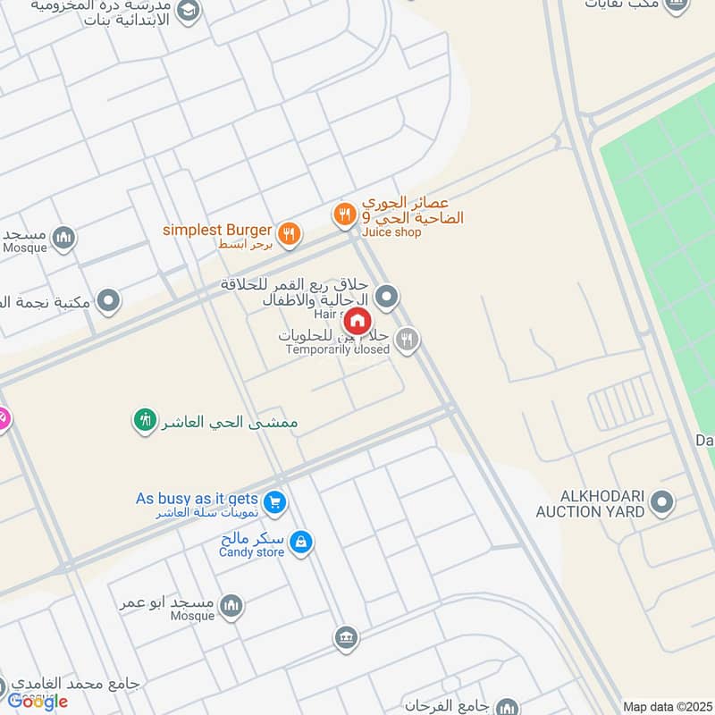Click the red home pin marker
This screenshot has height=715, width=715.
357,320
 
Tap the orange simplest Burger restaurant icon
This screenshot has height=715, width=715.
288,235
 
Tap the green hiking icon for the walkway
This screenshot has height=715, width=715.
145,418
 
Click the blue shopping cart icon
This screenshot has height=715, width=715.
275,503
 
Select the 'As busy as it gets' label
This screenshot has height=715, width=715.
197,499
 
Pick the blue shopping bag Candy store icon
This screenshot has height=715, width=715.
302,542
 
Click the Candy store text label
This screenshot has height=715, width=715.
251,552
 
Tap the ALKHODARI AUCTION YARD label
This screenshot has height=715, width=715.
590,504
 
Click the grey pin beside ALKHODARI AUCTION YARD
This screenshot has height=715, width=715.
661,502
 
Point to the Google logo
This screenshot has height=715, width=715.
38,702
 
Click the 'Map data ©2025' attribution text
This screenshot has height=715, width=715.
666,706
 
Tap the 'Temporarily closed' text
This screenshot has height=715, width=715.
337,349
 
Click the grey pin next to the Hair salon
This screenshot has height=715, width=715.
386,296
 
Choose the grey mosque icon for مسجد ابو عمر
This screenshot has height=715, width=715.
231,606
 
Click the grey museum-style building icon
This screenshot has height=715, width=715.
346,638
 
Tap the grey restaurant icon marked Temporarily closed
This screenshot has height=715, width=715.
408,339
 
